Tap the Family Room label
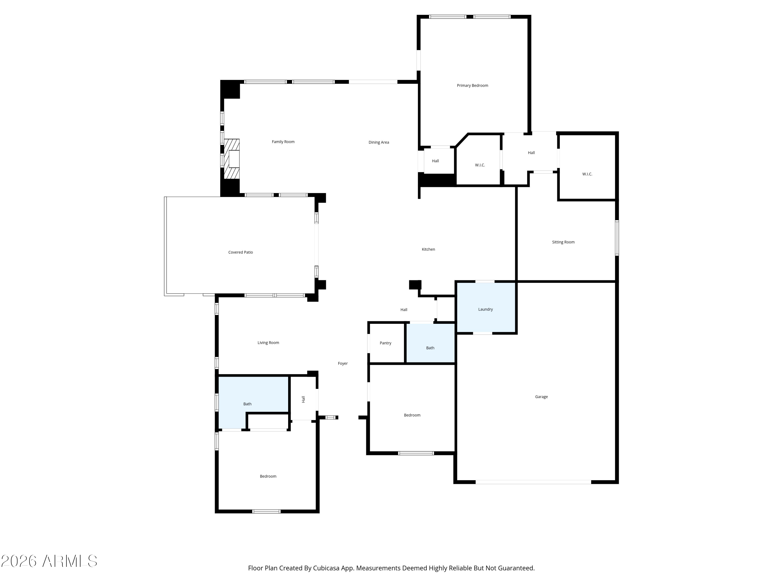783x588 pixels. (283, 142)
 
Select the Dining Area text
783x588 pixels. (379, 142)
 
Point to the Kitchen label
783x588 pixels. (428, 250)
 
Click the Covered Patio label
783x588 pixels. (241, 252)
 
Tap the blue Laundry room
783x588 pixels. (486, 308)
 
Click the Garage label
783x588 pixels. (541, 397)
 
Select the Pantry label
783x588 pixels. (385, 343)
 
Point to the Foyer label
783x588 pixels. (343, 364)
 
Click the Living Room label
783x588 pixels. (268, 343)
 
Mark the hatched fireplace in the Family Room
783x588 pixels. (232, 159)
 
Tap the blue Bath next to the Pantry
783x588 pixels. (430, 343)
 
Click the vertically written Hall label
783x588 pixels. (303, 399)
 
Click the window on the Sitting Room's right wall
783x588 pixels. (617, 238)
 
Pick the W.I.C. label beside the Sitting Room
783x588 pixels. (587, 174)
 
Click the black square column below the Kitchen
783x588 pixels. (415, 285)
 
